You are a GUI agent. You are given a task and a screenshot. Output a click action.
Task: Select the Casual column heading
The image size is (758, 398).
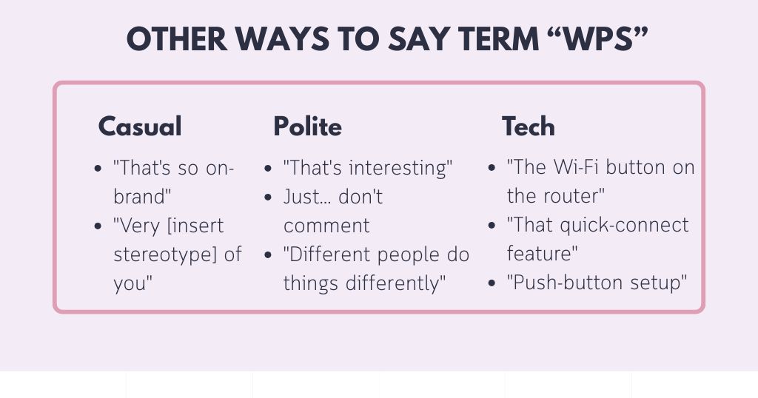point(140,127)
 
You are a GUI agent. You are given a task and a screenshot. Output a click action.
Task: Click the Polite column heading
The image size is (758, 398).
point(307,127)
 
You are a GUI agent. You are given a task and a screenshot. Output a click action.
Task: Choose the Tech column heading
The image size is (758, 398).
point(528,127)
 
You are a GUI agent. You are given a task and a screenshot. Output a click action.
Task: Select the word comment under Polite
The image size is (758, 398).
point(326,226)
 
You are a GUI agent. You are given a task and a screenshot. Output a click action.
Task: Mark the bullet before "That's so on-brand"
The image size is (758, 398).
point(98,169)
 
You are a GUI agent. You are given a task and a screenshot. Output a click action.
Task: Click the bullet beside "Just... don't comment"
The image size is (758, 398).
point(268,198)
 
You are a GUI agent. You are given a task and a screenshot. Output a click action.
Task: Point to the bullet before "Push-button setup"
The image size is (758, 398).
point(492,284)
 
